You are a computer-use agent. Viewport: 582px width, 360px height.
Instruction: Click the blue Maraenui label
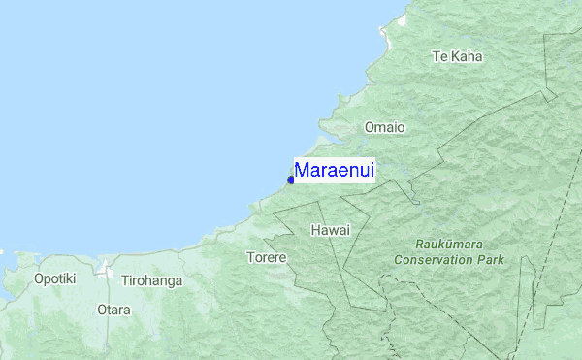click(x=335, y=171)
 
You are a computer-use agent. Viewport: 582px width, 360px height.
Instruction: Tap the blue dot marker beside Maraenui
click(x=291, y=180)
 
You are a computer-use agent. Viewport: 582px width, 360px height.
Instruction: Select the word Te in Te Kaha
click(x=439, y=56)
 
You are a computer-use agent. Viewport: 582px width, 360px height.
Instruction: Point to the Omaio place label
click(x=384, y=127)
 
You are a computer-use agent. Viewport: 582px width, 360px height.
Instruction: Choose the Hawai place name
click(x=330, y=230)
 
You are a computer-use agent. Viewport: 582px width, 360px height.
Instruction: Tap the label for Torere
click(x=266, y=258)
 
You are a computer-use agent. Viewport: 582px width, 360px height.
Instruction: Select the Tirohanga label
click(x=151, y=281)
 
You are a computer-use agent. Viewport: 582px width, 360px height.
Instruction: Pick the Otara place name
click(x=113, y=311)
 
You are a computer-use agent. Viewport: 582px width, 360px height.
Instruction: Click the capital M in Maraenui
click(x=302, y=171)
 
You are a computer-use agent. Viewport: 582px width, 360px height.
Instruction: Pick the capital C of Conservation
click(x=399, y=259)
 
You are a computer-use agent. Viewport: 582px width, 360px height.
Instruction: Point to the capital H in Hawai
click(x=316, y=230)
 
